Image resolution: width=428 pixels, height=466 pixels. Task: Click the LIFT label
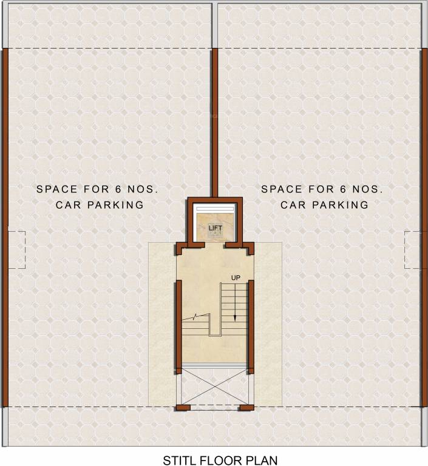point(216,228)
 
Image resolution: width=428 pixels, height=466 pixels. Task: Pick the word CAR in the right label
point(293,204)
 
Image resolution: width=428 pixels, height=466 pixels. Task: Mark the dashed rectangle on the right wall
point(413,250)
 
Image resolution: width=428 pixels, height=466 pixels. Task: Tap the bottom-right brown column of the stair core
point(246,407)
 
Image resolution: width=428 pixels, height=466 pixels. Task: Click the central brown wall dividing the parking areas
point(214,121)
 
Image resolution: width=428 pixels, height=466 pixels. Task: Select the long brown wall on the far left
point(4,228)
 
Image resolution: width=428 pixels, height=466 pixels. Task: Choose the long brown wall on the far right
point(424,228)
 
